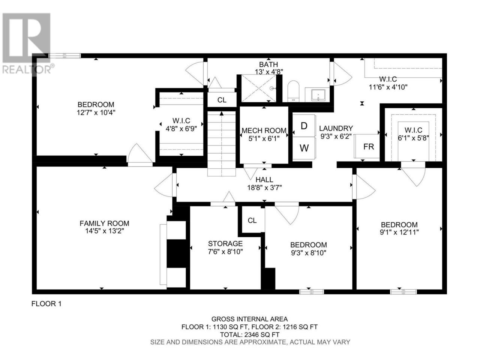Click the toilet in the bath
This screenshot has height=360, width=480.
[293, 91]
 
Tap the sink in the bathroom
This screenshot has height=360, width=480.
[318, 95]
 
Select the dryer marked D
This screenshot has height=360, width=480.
[304, 126]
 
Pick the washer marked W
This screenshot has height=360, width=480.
[304, 148]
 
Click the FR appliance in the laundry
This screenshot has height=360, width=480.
[367, 146]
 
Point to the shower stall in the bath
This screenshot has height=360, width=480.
[259, 88]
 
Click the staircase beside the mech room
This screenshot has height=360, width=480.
[222, 144]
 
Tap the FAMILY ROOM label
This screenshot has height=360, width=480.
[104, 223]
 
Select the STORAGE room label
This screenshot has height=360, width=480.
[225, 243]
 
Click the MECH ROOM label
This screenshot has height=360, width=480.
[264, 130]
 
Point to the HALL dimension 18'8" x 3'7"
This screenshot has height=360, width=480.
[264, 187]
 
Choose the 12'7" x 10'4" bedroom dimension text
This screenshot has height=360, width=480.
[96, 112]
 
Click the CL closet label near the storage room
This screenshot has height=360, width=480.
[252, 220]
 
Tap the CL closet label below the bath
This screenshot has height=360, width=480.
[222, 100]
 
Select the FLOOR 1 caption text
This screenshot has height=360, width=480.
[46, 304]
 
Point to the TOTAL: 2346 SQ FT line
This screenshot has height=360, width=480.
[249, 334]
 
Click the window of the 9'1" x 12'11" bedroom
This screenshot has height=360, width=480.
[403, 292]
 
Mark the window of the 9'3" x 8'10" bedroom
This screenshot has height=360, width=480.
[311, 292]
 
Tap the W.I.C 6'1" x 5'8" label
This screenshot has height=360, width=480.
[413, 134]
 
